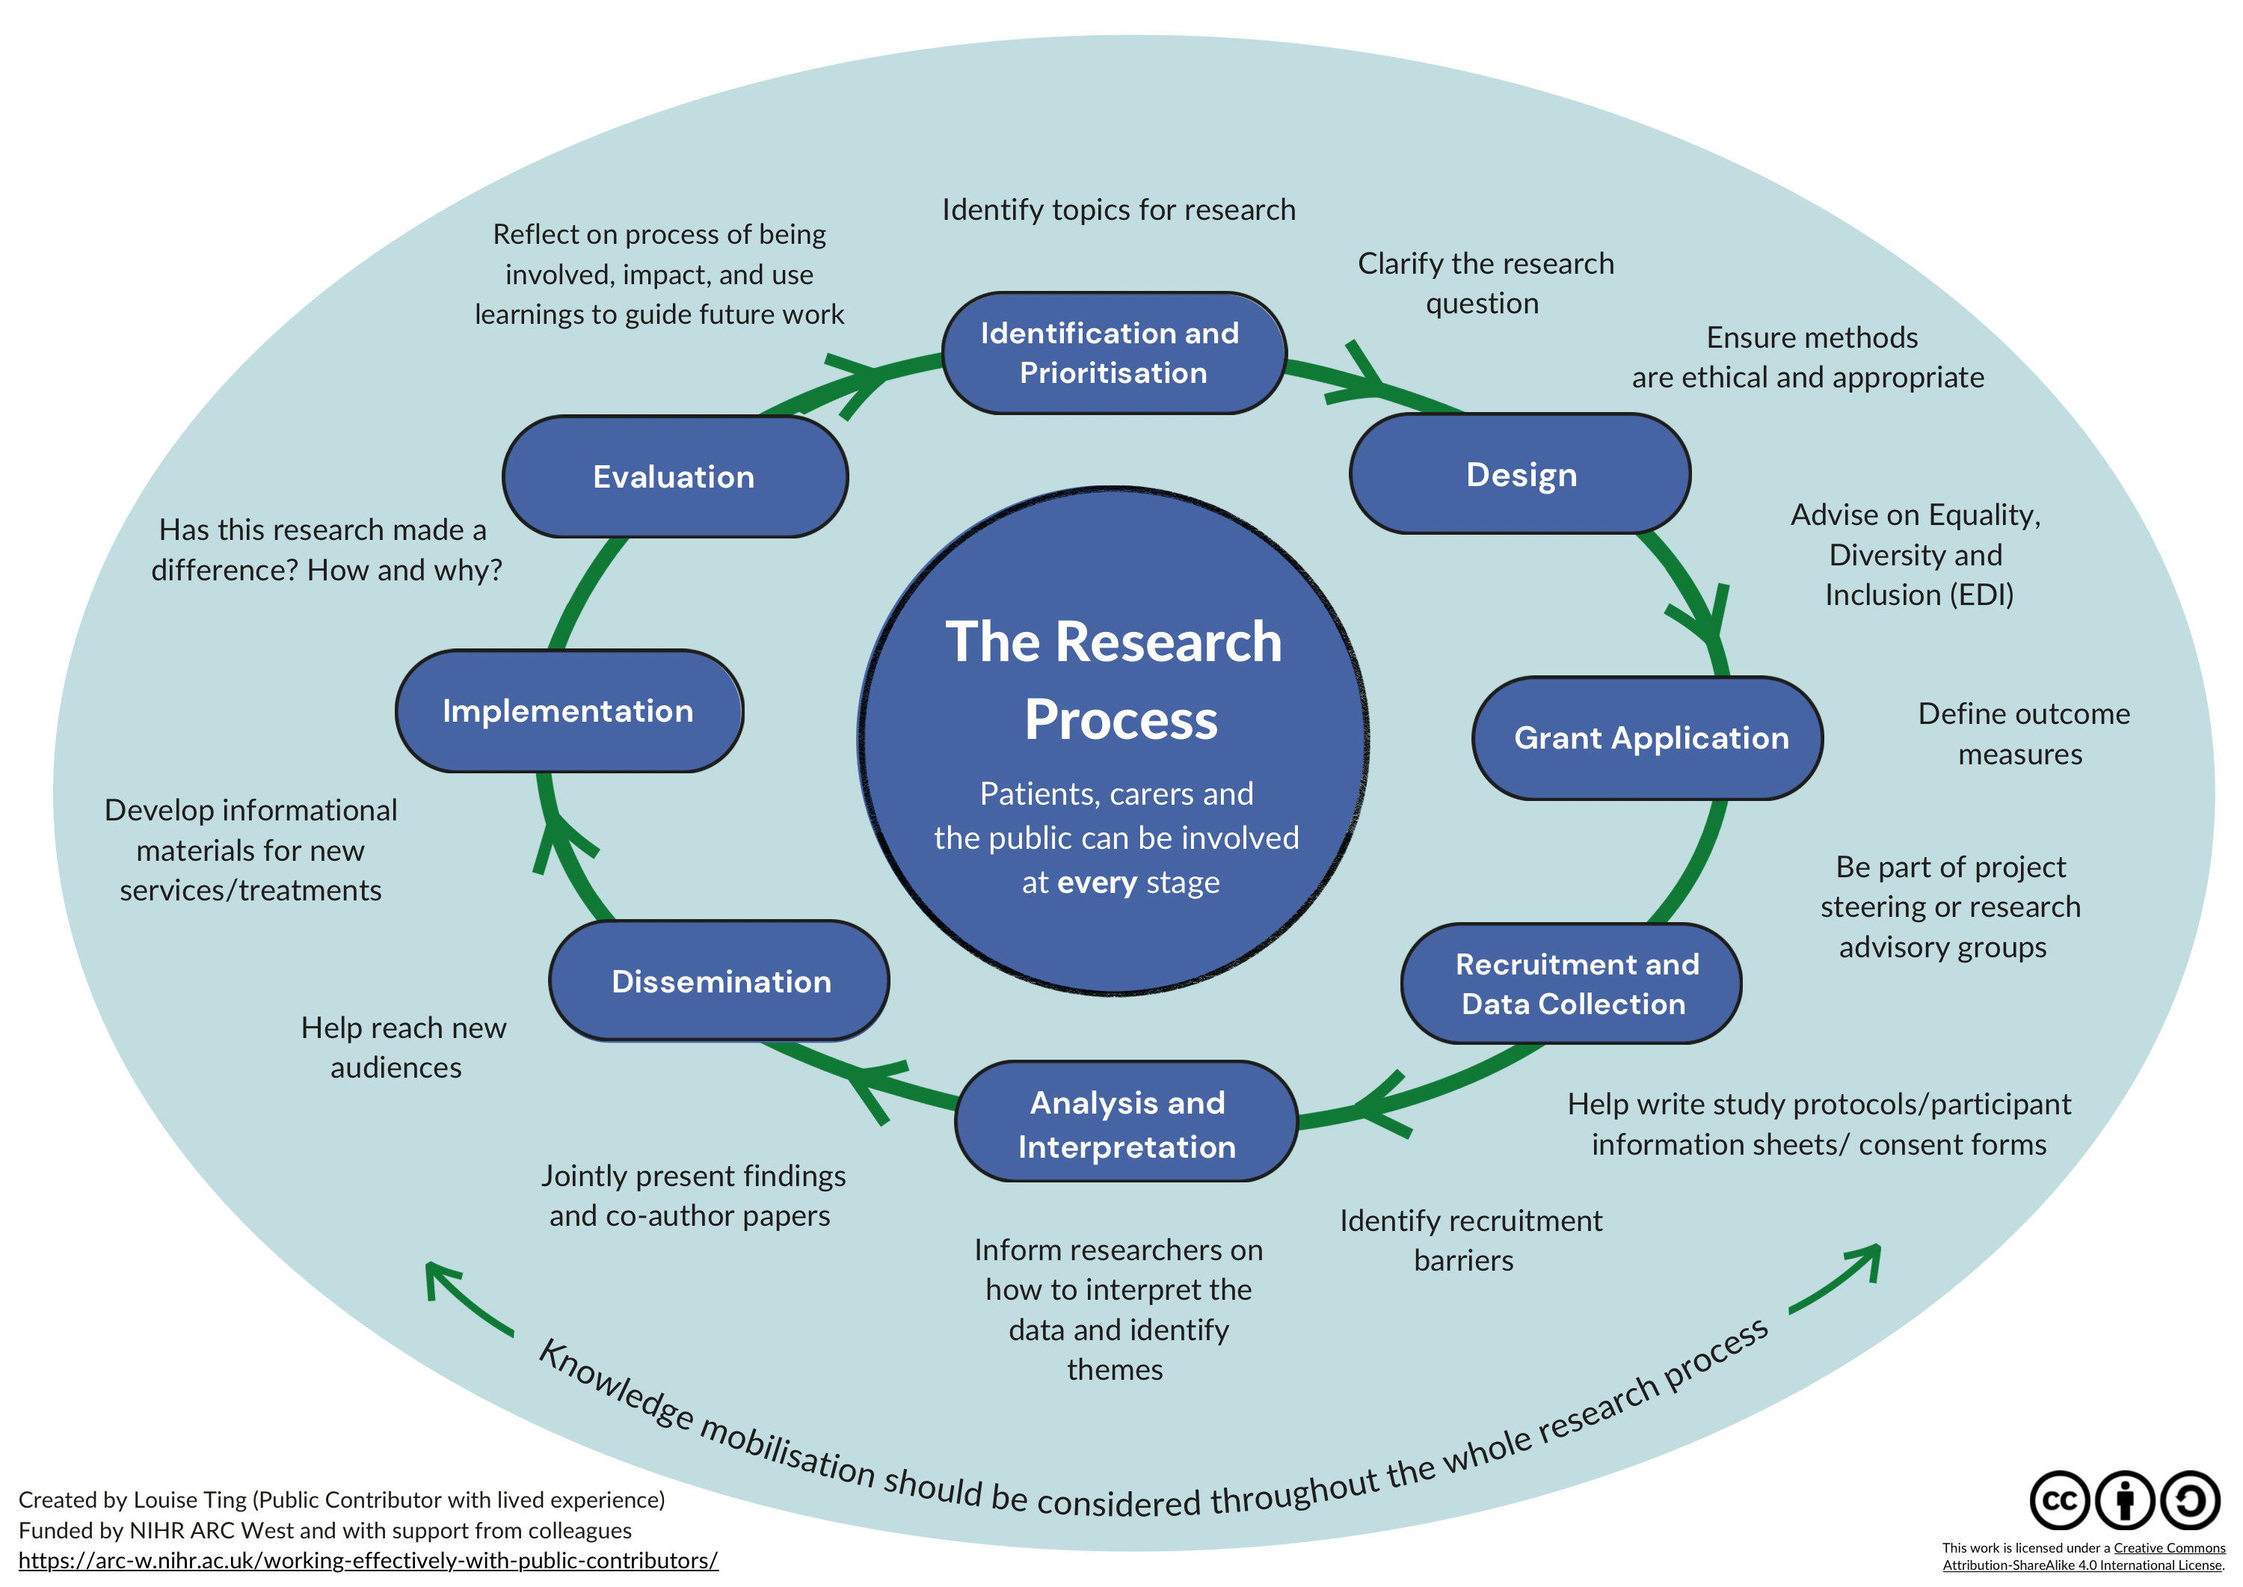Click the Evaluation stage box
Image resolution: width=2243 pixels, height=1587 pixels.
coord(674,477)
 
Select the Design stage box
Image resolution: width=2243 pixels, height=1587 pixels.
coord(1520,475)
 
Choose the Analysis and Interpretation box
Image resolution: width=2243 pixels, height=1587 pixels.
coord(1127,1123)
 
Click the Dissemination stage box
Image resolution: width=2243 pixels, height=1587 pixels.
coord(720,981)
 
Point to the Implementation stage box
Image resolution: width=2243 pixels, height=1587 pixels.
coord(568,710)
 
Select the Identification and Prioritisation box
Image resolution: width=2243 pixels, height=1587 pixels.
coord(1112,353)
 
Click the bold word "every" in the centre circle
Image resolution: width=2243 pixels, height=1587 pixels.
coord(1097,882)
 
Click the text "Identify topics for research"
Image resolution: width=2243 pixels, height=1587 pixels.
coord(1119,210)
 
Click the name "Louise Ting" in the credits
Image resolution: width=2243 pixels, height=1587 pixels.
coord(189,1499)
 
